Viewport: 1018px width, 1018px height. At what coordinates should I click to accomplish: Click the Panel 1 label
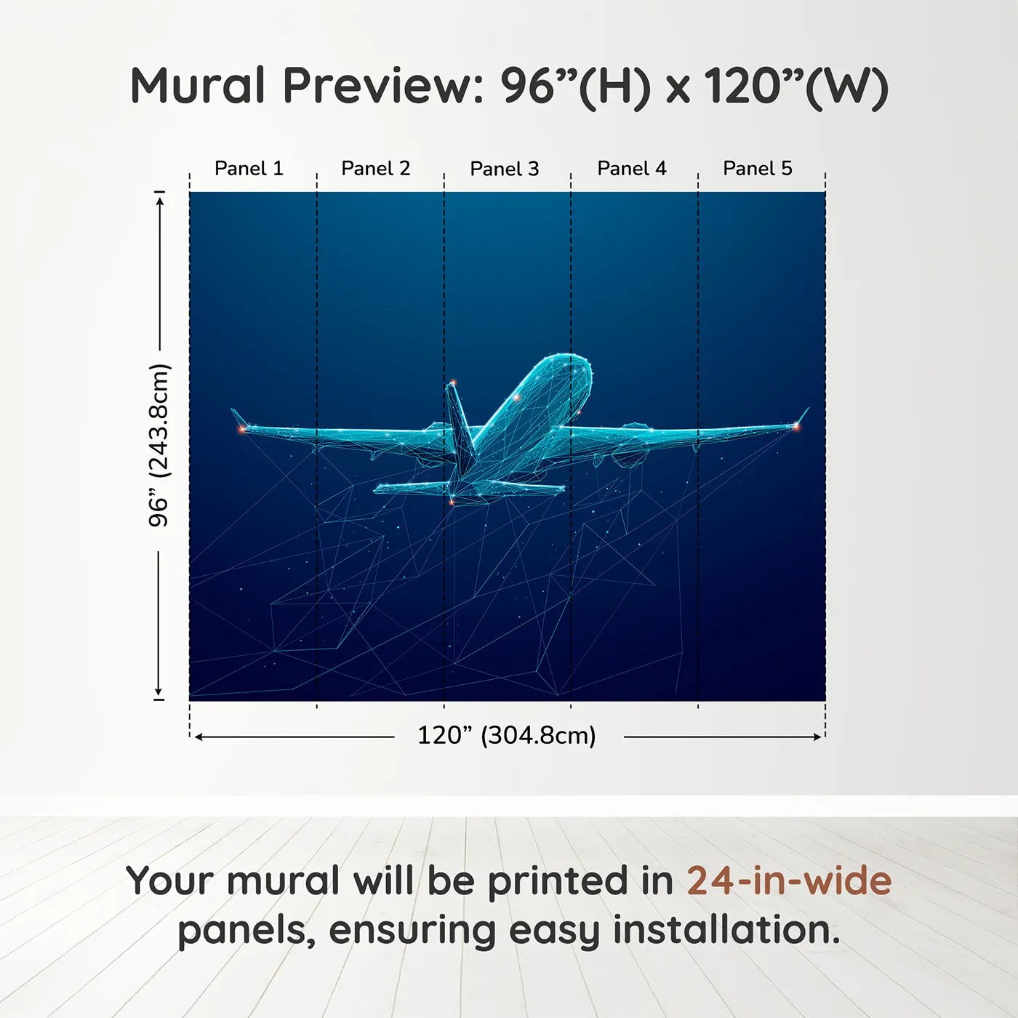coord(249,169)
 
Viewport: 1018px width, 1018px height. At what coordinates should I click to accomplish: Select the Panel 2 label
coord(376,169)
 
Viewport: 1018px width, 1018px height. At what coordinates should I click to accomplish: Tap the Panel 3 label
coord(505,169)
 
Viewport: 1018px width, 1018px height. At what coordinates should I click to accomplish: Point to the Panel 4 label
coord(632,169)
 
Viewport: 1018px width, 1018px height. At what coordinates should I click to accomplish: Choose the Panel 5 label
coord(758,169)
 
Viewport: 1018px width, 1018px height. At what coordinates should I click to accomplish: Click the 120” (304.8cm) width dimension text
coord(507,735)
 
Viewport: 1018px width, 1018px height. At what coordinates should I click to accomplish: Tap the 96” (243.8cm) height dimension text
coord(159,445)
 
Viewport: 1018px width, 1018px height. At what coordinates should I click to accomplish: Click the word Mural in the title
coord(197,86)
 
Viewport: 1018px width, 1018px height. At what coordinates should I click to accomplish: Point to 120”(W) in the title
coord(796,87)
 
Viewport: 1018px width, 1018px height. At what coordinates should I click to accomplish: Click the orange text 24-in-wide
coord(789,881)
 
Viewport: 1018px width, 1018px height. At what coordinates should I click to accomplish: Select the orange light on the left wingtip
coord(242,430)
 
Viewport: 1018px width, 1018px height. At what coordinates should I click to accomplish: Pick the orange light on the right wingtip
coord(795,425)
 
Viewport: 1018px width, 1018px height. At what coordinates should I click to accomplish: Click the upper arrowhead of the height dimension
coord(159,199)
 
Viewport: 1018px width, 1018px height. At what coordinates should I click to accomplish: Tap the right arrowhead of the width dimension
coord(818,737)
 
